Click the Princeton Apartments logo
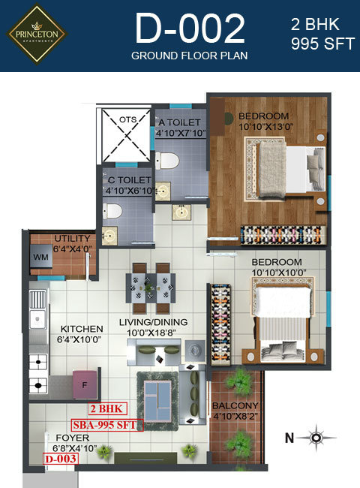pos(37,34)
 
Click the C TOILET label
pos(129,180)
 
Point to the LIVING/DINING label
pos(154,323)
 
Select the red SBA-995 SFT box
pos(105,424)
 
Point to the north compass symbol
pos(318,436)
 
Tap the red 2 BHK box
pos(107,408)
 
